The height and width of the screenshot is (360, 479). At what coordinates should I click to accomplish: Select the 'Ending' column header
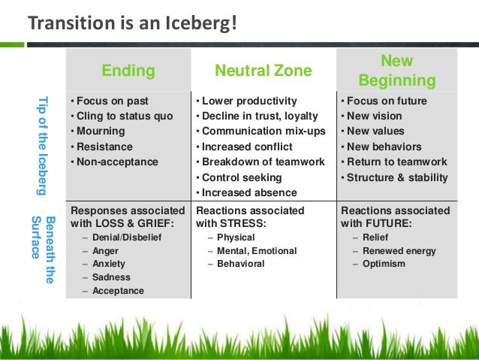[128, 71]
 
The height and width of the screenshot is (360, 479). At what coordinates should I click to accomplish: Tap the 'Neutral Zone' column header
[263, 71]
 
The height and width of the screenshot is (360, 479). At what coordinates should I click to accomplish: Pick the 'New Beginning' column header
[396, 70]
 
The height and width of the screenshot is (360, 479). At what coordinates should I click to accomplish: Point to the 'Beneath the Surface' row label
[43, 250]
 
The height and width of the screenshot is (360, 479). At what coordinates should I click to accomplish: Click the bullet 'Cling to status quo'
[124, 116]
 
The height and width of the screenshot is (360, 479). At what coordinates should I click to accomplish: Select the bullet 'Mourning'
[100, 132]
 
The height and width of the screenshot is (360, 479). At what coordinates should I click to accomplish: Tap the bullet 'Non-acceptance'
[116, 162]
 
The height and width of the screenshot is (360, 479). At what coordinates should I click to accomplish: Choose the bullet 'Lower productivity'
[249, 101]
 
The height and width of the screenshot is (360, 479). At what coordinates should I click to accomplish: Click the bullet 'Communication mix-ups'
[259, 132]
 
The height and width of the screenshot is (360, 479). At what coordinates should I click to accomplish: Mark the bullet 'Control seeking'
[241, 177]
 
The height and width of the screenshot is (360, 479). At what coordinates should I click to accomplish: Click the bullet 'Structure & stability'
[397, 177]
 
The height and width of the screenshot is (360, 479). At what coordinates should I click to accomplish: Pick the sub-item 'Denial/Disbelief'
[126, 237]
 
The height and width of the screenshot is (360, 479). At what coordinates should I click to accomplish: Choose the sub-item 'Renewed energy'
[399, 251]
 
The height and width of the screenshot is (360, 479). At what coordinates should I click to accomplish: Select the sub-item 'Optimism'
[384, 264]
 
